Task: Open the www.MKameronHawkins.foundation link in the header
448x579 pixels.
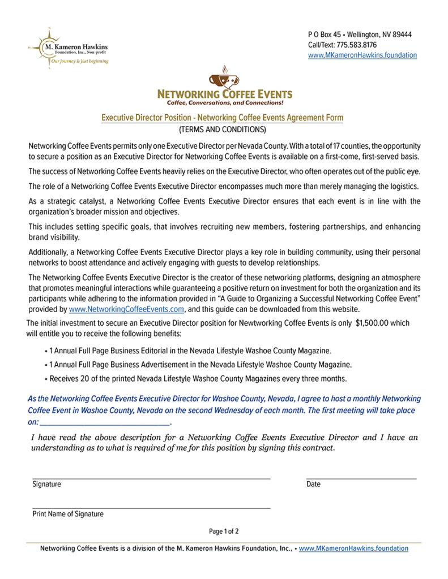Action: [x=362, y=55]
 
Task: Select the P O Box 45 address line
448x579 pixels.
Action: [x=360, y=34]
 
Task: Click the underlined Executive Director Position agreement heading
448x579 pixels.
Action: [x=222, y=118]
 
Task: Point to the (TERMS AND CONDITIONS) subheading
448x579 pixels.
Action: [x=222, y=129]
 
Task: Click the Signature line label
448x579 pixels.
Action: [x=46, y=485]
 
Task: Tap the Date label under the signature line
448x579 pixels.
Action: [x=313, y=485]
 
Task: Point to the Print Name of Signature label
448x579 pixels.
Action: [x=68, y=514]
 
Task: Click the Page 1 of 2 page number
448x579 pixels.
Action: [x=224, y=532]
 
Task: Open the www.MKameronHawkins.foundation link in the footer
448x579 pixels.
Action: [x=353, y=548]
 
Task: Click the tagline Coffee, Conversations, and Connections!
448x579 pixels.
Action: [x=224, y=103]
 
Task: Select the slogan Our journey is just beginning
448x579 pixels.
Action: [x=80, y=61]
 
